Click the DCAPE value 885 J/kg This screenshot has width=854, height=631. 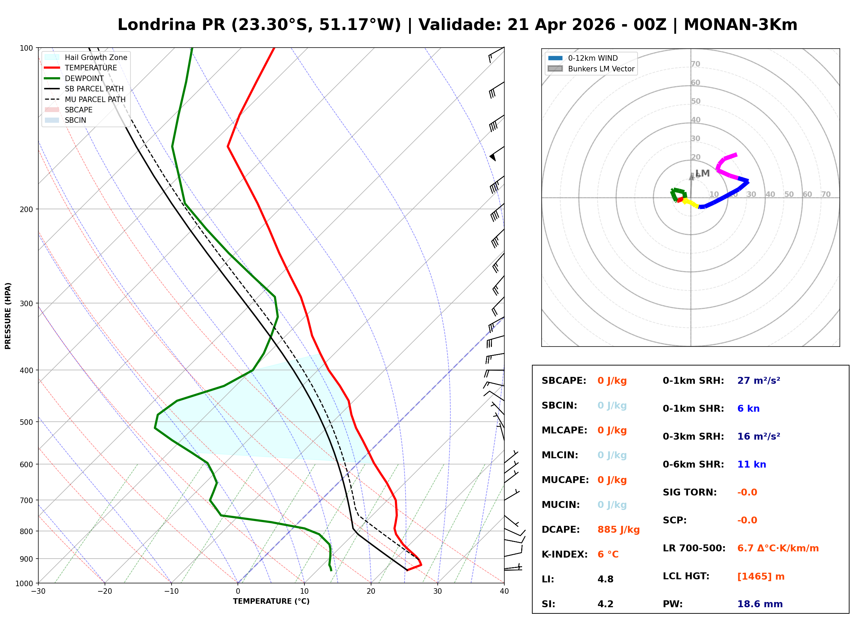pos(618,529)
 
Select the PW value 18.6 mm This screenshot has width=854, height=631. pos(759,604)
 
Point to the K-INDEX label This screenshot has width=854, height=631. pos(564,554)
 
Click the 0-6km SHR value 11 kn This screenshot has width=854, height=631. pos(751,464)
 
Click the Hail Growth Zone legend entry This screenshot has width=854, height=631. pos(96,57)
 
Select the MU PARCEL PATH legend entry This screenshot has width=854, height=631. pos(95,99)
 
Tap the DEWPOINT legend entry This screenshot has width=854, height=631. pos(84,78)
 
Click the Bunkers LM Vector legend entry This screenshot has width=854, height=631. pos(601,69)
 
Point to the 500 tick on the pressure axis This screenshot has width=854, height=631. pos(26,422)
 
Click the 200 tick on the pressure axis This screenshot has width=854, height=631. pos(26,209)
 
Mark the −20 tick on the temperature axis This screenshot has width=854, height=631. pos(104,591)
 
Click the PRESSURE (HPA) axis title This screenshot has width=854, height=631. pos(8,315)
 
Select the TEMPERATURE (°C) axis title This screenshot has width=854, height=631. pos(271,601)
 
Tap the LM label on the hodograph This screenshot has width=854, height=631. pos(702,173)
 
